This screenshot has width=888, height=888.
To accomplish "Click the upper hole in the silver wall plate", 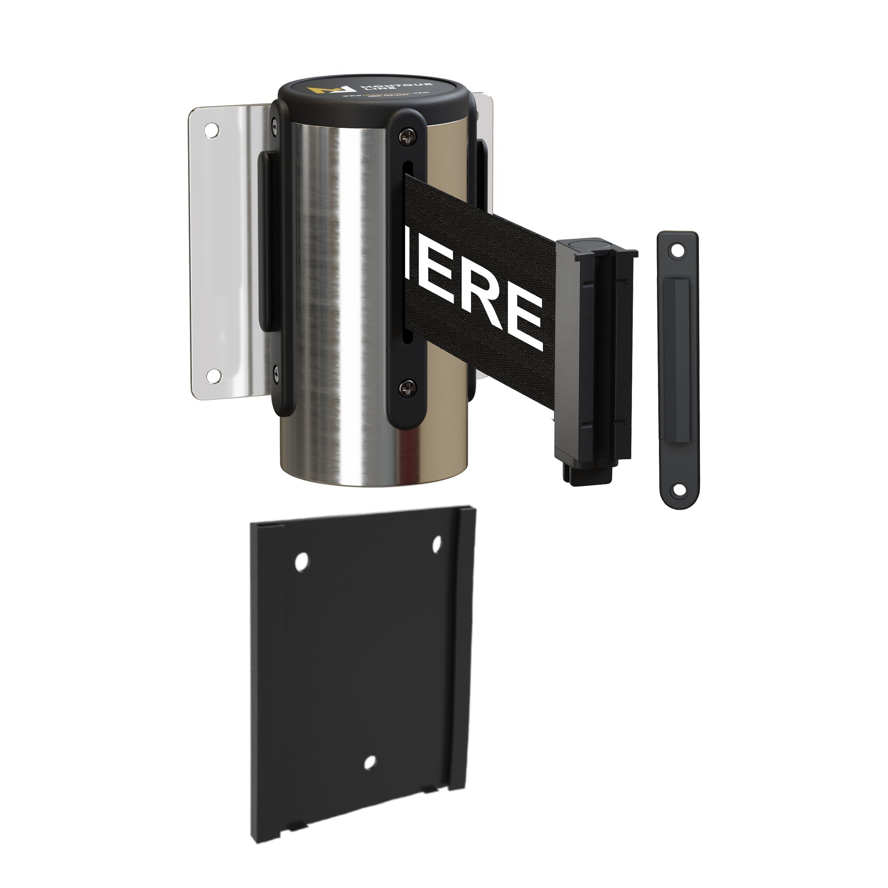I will (x=212, y=130).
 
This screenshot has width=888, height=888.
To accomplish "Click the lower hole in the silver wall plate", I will (x=213, y=375).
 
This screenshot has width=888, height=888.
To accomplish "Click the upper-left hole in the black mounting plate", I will (x=301, y=562).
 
